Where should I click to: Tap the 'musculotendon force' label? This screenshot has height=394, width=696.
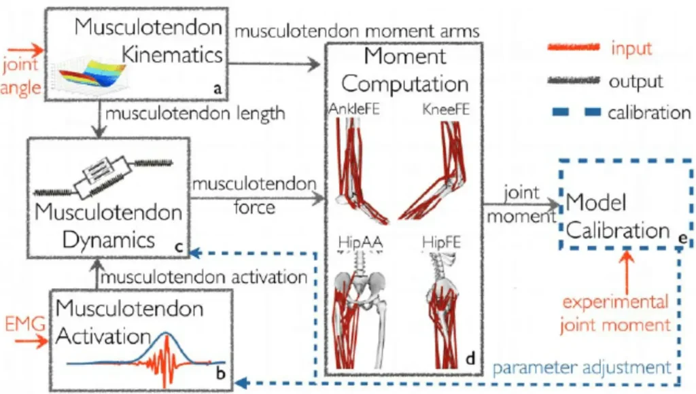coord(255,194)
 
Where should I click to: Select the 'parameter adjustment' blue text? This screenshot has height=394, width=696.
coord(582,368)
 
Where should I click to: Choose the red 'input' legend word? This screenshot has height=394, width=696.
coord(631,49)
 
